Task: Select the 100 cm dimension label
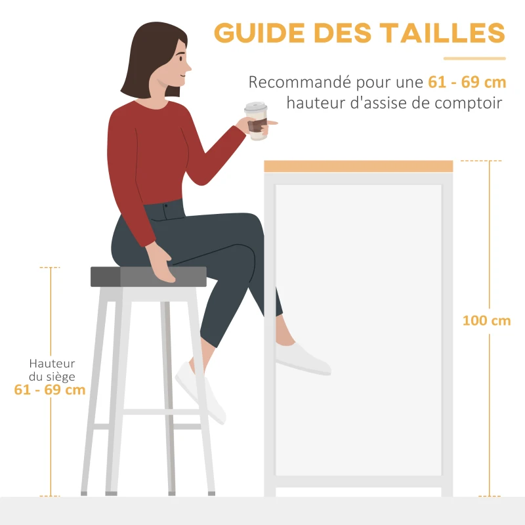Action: (486, 321)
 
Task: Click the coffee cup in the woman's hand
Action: (257, 121)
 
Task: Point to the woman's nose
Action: (189, 66)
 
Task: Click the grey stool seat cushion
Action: (148, 277)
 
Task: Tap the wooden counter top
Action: (358, 166)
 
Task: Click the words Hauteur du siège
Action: (52, 370)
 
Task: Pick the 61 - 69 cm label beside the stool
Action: (50, 390)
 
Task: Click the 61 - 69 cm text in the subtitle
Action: (467, 83)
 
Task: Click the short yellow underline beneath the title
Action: (474, 59)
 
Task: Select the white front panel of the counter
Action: (358, 328)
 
